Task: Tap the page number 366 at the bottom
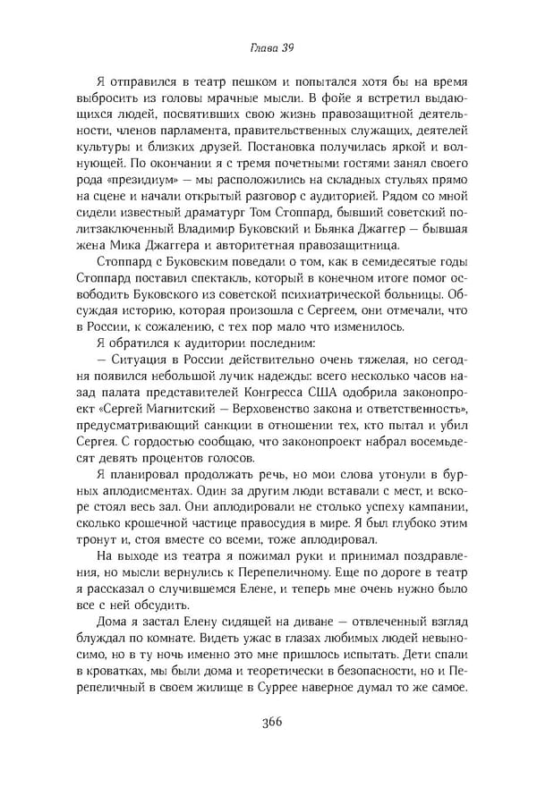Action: click(268, 724)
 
